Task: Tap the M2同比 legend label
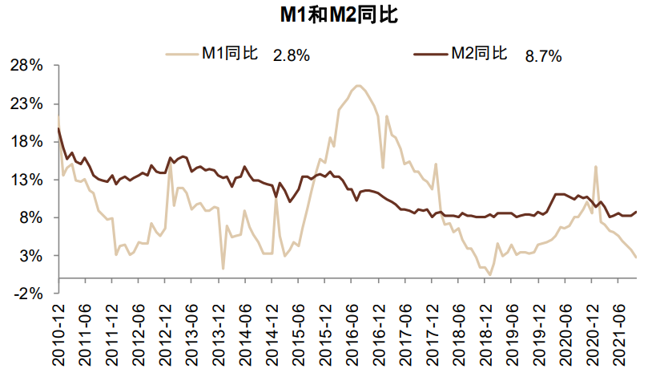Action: (x=477, y=54)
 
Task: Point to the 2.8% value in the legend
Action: (x=291, y=55)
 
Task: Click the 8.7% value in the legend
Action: (x=543, y=55)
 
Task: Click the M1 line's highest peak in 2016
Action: (x=358, y=86)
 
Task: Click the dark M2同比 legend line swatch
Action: (x=430, y=54)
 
